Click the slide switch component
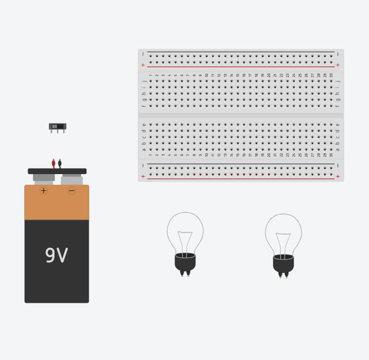[57, 126]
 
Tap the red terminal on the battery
[53, 163]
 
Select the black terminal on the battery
[60, 163]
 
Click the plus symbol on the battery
[44, 191]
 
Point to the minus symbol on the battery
[71, 191]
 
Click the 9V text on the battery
[56, 256]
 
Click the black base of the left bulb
[185, 262]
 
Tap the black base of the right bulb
[283, 264]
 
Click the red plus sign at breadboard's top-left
[143, 65]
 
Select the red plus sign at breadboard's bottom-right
[338, 176]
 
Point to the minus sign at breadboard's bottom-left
[143, 166]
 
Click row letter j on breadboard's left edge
[144, 81]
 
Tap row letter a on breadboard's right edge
[338, 149]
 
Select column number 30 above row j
[331, 75]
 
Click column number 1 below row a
[151, 155]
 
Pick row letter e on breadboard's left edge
[144, 125]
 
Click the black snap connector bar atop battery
[57, 171]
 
